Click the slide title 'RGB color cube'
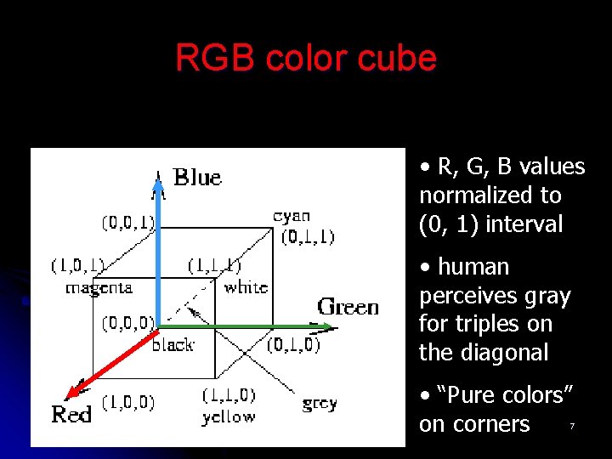306,58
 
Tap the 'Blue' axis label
197,178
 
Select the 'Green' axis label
348,306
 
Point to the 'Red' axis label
71,415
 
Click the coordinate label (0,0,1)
128,223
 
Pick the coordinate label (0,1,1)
308,236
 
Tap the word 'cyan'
292,217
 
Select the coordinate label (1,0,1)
77,266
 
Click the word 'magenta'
99,287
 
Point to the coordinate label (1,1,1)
214,265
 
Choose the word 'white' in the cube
246,287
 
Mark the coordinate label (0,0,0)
128,323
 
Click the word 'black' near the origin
173,344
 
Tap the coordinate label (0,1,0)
293,344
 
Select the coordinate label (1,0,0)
128,402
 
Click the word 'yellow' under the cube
228,416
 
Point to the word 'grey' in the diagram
320,404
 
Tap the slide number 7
572,425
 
